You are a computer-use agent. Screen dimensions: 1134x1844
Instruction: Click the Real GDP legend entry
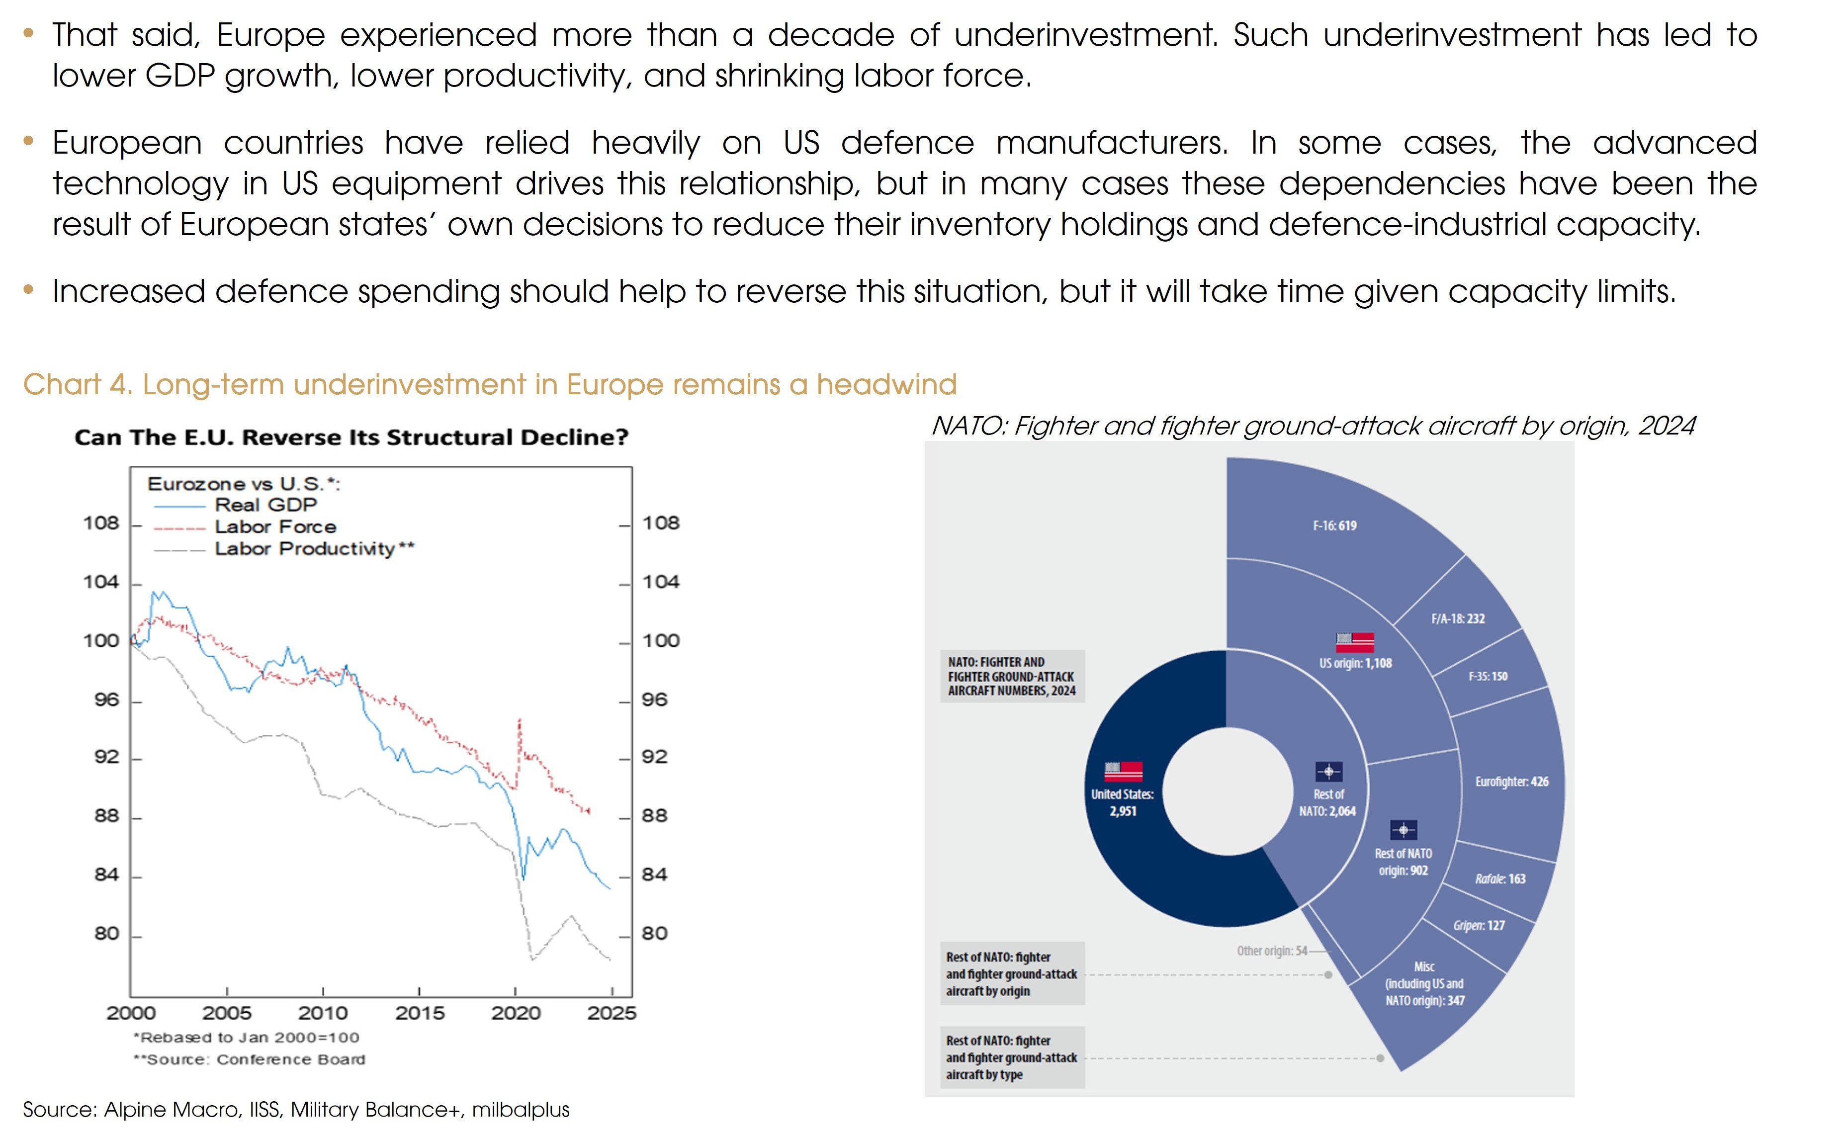coord(265,505)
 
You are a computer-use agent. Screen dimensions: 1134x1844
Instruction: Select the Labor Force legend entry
coord(275,526)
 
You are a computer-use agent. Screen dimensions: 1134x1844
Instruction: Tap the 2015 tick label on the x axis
coord(419,1013)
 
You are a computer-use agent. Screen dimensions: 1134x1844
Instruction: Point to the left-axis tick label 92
coord(106,757)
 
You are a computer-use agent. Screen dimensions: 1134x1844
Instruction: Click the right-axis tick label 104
coord(660,582)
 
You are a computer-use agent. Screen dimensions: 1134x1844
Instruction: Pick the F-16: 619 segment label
coord(1334,526)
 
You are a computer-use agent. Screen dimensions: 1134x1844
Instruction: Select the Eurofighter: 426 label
coord(1511,782)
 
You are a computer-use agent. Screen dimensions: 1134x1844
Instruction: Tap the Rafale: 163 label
coord(1500,879)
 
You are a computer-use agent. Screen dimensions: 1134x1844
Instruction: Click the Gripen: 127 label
coord(1479,926)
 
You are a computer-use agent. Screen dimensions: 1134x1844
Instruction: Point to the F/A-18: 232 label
coord(1457,619)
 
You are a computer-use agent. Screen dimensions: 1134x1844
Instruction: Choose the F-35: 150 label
coord(1488,677)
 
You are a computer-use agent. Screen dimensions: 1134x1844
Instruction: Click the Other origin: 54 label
coord(1272,951)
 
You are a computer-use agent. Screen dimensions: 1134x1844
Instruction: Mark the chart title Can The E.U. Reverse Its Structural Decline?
coord(351,437)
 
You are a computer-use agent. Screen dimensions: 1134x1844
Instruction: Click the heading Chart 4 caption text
coord(490,385)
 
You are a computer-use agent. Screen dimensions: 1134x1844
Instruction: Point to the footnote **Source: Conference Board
coord(249,1060)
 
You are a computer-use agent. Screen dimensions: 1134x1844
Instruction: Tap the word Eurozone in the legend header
coord(196,484)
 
